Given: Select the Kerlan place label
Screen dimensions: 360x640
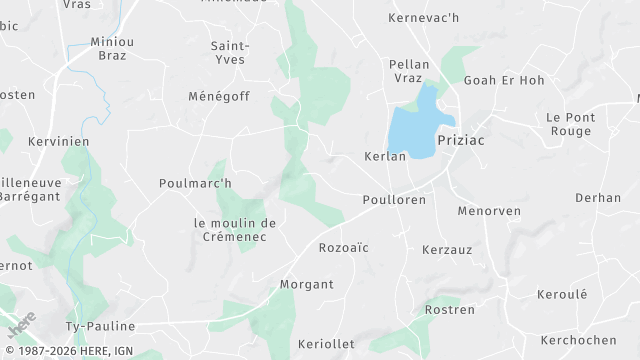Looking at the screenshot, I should pyautogui.click(x=385, y=157).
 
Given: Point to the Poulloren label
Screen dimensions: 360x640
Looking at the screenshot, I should pyautogui.click(x=394, y=200).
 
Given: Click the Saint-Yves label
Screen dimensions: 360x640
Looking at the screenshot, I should pyautogui.click(x=229, y=52).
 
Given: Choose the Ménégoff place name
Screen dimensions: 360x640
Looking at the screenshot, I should pyautogui.click(x=218, y=97).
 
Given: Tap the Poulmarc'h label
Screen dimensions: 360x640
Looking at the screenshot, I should pyautogui.click(x=195, y=183).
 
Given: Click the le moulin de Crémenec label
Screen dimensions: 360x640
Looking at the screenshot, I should pyautogui.click(x=235, y=229).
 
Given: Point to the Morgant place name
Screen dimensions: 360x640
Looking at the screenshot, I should pyautogui.click(x=307, y=284).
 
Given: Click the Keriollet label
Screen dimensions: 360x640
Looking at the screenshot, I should pyautogui.click(x=327, y=343).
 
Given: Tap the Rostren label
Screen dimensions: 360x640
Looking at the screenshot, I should pyautogui.click(x=449, y=310).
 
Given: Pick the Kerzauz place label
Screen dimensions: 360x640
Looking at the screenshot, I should pyautogui.click(x=446, y=248).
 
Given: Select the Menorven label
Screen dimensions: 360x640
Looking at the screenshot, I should pyautogui.click(x=484, y=212).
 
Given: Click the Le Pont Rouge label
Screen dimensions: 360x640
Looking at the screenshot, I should pyautogui.click(x=571, y=124).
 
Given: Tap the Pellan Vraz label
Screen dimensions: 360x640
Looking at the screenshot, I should pyautogui.click(x=409, y=71).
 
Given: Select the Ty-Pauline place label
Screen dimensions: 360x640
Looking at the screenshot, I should pyautogui.click(x=100, y=326).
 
